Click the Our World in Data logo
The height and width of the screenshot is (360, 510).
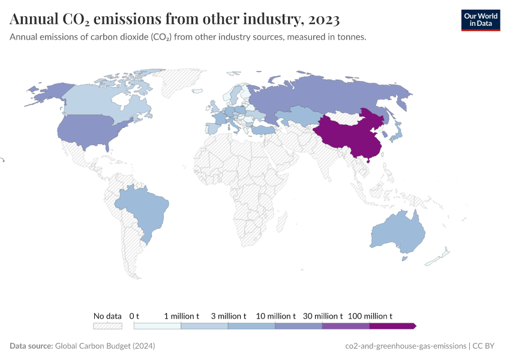click(480, 20)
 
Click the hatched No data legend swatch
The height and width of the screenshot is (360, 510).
click(107, 326)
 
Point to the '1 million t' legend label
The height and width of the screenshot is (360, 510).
click(181, 316)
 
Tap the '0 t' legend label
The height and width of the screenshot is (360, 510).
click(134, 316)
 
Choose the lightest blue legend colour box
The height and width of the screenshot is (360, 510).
click(157, 326)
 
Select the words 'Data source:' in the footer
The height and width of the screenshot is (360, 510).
click(31, 346)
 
